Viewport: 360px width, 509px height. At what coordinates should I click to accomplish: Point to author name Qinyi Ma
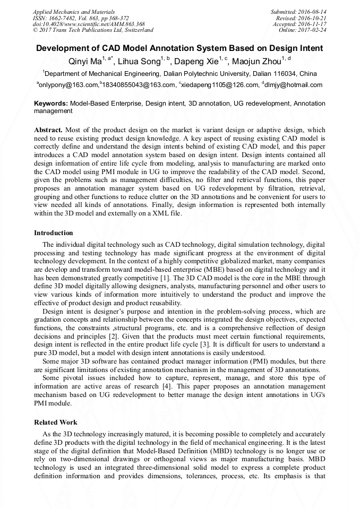coord(85,62)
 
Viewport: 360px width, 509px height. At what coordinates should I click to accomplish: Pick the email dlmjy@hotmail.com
coord(294,85)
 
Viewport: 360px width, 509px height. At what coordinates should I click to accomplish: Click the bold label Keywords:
coord(51,103)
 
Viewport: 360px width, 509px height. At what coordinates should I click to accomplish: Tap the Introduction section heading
coord(54,233)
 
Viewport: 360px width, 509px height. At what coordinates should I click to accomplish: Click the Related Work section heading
coord(56,422)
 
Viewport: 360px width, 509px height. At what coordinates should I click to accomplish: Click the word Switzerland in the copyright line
coord(135,30)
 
